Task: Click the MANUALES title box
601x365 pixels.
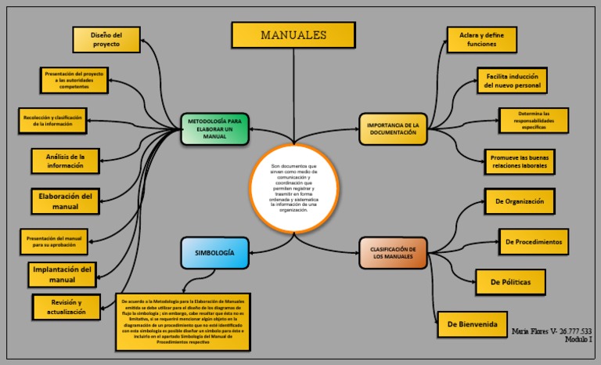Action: coord(293,35)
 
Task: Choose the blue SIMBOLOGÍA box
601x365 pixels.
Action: coord(214,253)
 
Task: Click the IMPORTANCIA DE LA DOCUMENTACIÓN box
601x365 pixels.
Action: coord(398,129)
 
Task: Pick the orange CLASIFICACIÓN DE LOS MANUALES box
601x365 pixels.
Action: coord(394,253)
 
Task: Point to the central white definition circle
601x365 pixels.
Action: coord(295,189)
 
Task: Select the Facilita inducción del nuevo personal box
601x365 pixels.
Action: coord(513,81)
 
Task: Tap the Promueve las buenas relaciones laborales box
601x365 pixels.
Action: coord(519,162)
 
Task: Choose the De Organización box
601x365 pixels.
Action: coord(519,201)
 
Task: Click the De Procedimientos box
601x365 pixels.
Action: coord(533,242)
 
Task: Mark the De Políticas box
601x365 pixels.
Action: coord(510,282)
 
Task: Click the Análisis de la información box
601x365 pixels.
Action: coord(66,161)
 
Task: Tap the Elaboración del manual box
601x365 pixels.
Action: coord(66,201)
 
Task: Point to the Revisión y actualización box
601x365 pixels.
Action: coord(67,307)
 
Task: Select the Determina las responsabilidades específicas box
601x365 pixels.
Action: coord(534,120)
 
